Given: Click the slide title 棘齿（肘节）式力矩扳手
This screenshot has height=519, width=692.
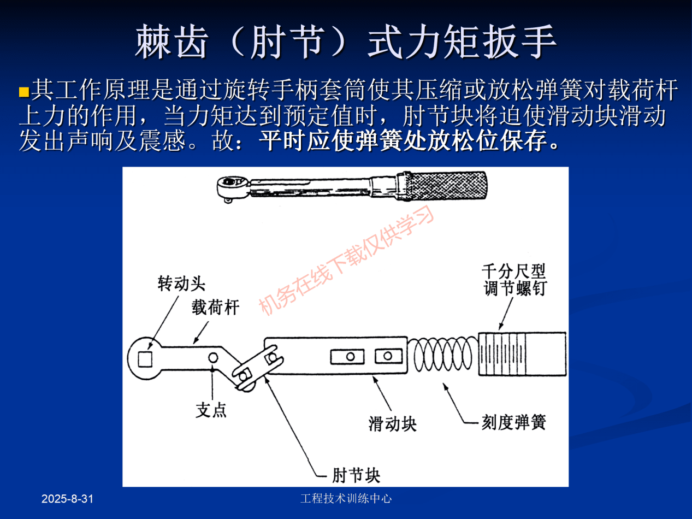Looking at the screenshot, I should [346, 42].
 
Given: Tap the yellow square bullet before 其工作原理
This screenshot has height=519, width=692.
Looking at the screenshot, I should [23, 91].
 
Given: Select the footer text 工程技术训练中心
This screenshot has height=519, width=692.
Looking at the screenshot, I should [346, 498].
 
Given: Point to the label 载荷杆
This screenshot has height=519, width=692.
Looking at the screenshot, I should [215, 308].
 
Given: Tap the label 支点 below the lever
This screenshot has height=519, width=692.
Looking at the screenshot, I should [211, 410].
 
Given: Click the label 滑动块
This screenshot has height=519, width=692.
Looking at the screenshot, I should [392, 423].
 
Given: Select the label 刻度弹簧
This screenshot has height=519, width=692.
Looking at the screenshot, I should [513, 422].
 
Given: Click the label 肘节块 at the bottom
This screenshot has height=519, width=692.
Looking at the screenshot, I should [356, 474].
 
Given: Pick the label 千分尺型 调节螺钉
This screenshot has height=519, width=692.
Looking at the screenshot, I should [514, 280].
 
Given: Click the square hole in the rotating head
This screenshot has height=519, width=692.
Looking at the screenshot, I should [145, 359].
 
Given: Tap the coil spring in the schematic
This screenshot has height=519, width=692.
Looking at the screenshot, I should [443, 355].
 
